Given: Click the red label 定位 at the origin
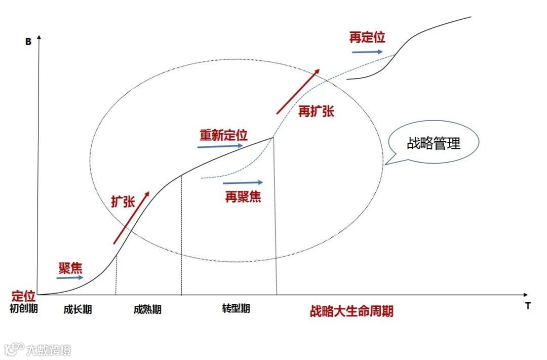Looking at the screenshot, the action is point(23,296).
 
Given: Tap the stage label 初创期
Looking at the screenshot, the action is point(24,308).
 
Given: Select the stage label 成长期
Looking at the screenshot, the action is point(78,309).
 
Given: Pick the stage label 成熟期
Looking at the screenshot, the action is point(147,309).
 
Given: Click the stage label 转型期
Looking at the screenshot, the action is point(236,308).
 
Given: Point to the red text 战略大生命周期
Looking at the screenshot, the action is point(351,311).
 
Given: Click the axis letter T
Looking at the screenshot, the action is point(527,306).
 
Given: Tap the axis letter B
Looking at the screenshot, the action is point(28,42).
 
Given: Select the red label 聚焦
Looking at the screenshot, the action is point(70,267).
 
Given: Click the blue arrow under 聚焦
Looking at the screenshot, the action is point(70,278).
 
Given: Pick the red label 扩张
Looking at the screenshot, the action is point(123,201).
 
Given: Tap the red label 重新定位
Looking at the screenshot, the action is point(223,135).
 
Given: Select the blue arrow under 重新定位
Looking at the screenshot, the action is point(220,146).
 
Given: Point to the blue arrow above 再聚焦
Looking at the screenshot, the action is point(243,183).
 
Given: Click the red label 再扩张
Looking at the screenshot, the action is point(316,111).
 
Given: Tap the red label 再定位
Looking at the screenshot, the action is point(367,37).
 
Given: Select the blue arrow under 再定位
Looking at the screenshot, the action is point(367,51).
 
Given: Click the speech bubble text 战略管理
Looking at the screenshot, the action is point(434,143).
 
